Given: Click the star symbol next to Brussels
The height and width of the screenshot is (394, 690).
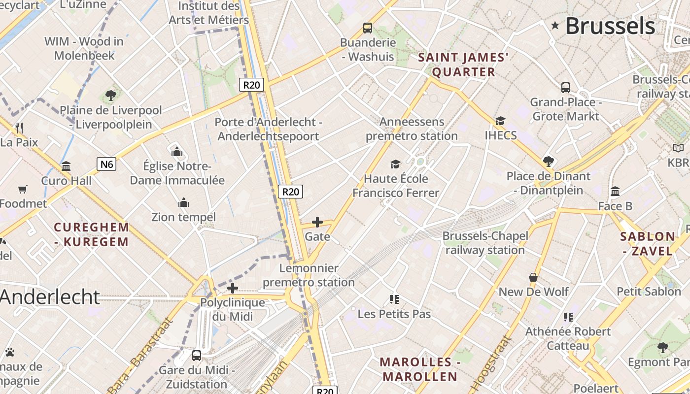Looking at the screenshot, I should (x=555, y=25).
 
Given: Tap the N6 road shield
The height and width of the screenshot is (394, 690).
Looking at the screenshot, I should (x=106, y=164).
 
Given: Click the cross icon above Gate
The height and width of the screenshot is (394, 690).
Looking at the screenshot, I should (x=317, y=222).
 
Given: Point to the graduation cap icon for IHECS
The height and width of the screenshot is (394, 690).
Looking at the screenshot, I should (x=500, y=121).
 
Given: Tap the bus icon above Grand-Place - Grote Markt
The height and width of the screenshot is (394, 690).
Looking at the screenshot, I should (x=565, y=88).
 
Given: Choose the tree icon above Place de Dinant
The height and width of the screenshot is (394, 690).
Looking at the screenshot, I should (x=548, y=162).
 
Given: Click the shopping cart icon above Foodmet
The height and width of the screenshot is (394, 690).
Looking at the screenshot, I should (x=22, y=189).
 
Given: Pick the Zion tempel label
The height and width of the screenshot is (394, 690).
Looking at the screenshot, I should (x=183, y=217).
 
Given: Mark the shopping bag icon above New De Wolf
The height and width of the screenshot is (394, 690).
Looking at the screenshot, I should (x=533, y=277).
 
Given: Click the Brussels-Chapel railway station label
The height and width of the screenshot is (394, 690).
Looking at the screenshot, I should (x=485, y=243).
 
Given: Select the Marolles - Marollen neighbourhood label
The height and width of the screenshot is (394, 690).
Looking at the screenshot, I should (x=420, y=369).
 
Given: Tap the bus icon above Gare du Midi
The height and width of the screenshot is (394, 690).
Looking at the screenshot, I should (x=196, y=355).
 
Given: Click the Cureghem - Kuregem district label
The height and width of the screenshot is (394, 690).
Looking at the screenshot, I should (x=92, y=234).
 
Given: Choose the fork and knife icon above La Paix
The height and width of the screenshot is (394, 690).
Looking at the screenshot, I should (x=19, y=128).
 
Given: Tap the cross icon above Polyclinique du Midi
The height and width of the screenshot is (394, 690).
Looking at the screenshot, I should (x=232, y=288).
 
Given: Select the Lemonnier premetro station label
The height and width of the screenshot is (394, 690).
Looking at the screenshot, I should (x=309, y=275).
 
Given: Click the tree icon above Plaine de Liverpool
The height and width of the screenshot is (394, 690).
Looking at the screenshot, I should (x=110, y=96).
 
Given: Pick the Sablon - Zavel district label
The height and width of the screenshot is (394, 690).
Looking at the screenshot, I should (x=647, y=243).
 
